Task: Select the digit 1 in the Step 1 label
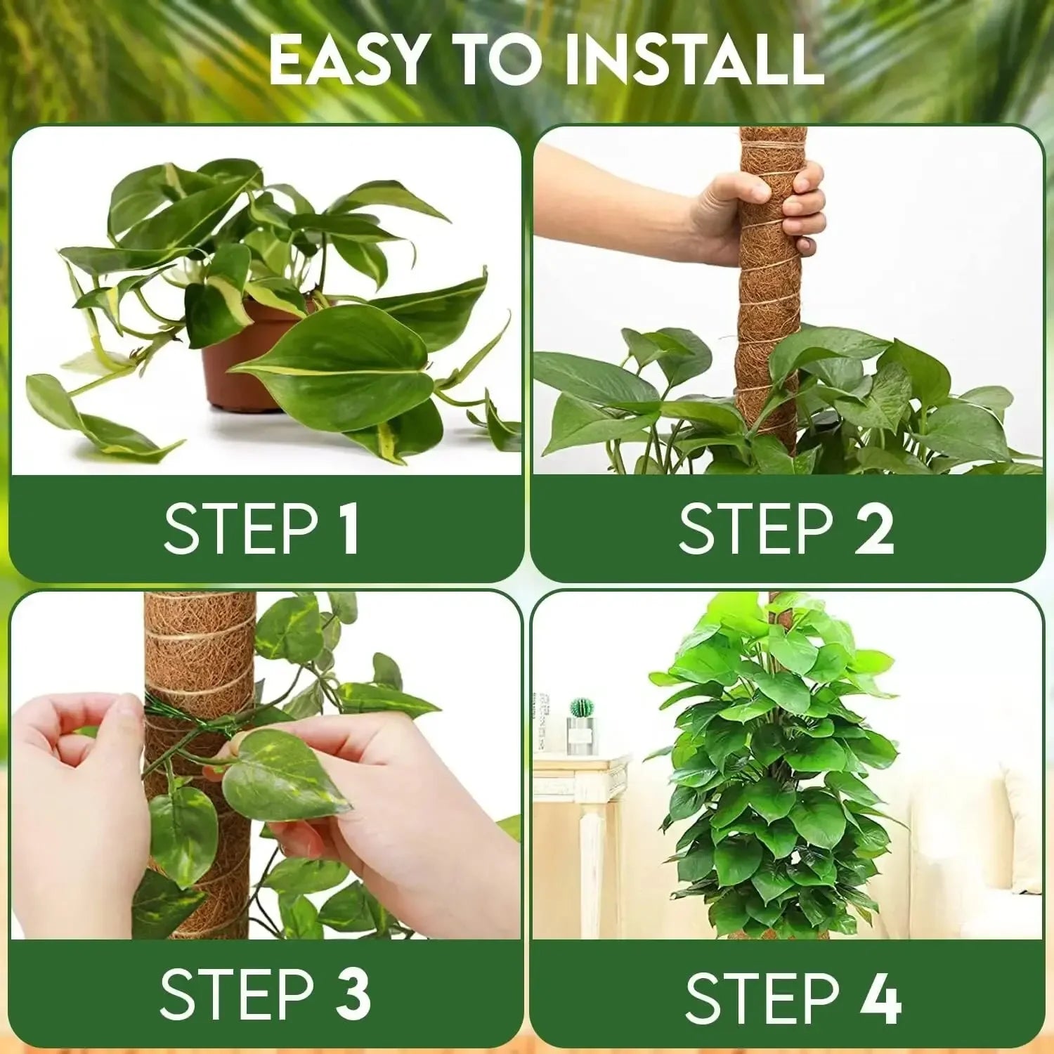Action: click(349, 528)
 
